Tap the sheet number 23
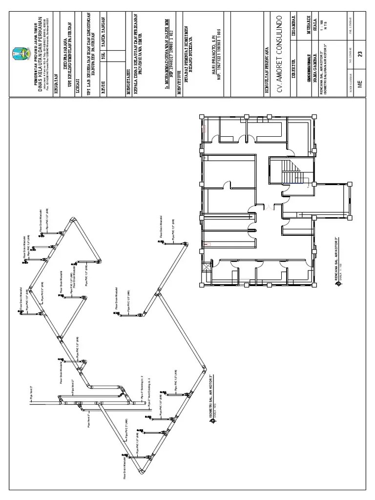[360, 54]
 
